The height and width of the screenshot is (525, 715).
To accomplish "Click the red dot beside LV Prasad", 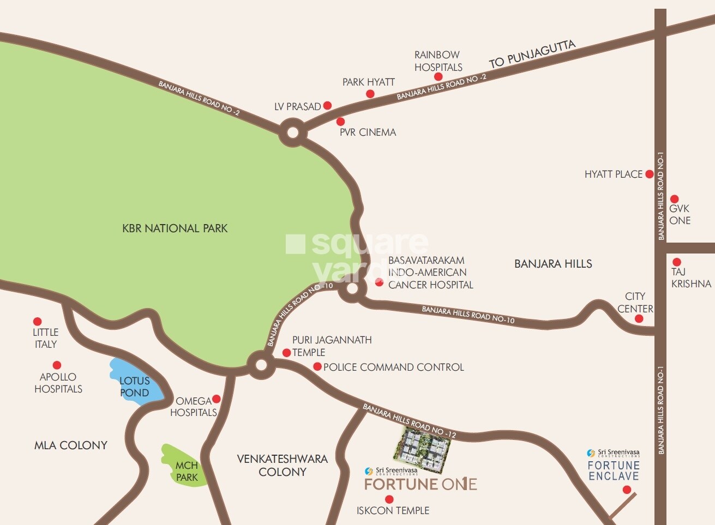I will pos(327,105).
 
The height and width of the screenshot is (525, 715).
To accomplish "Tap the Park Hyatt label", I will pos(368,82).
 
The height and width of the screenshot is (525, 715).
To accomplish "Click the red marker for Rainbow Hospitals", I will pos(438,77).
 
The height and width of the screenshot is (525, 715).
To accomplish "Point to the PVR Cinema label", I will pos(368,132).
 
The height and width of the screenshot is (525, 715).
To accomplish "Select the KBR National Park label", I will pos(175,228).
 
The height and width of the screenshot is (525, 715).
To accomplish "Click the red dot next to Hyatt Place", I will pos(649,174).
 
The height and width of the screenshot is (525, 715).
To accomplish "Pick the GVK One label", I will pos(680,214).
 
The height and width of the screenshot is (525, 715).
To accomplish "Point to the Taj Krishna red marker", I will pos(676,262).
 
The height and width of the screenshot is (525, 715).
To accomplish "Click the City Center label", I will pos(635,303).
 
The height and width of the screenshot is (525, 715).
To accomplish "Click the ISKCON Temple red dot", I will pos(389,499).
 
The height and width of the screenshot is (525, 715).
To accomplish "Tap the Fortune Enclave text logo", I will pos(613,470).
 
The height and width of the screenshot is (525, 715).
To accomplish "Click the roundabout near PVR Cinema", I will pos(292,133).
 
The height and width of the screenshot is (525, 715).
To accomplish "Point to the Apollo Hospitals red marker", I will pos(57,365).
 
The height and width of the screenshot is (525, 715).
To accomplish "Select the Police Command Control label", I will pos(393,367).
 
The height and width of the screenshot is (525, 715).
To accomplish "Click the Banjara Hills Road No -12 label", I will pos(409,421).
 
